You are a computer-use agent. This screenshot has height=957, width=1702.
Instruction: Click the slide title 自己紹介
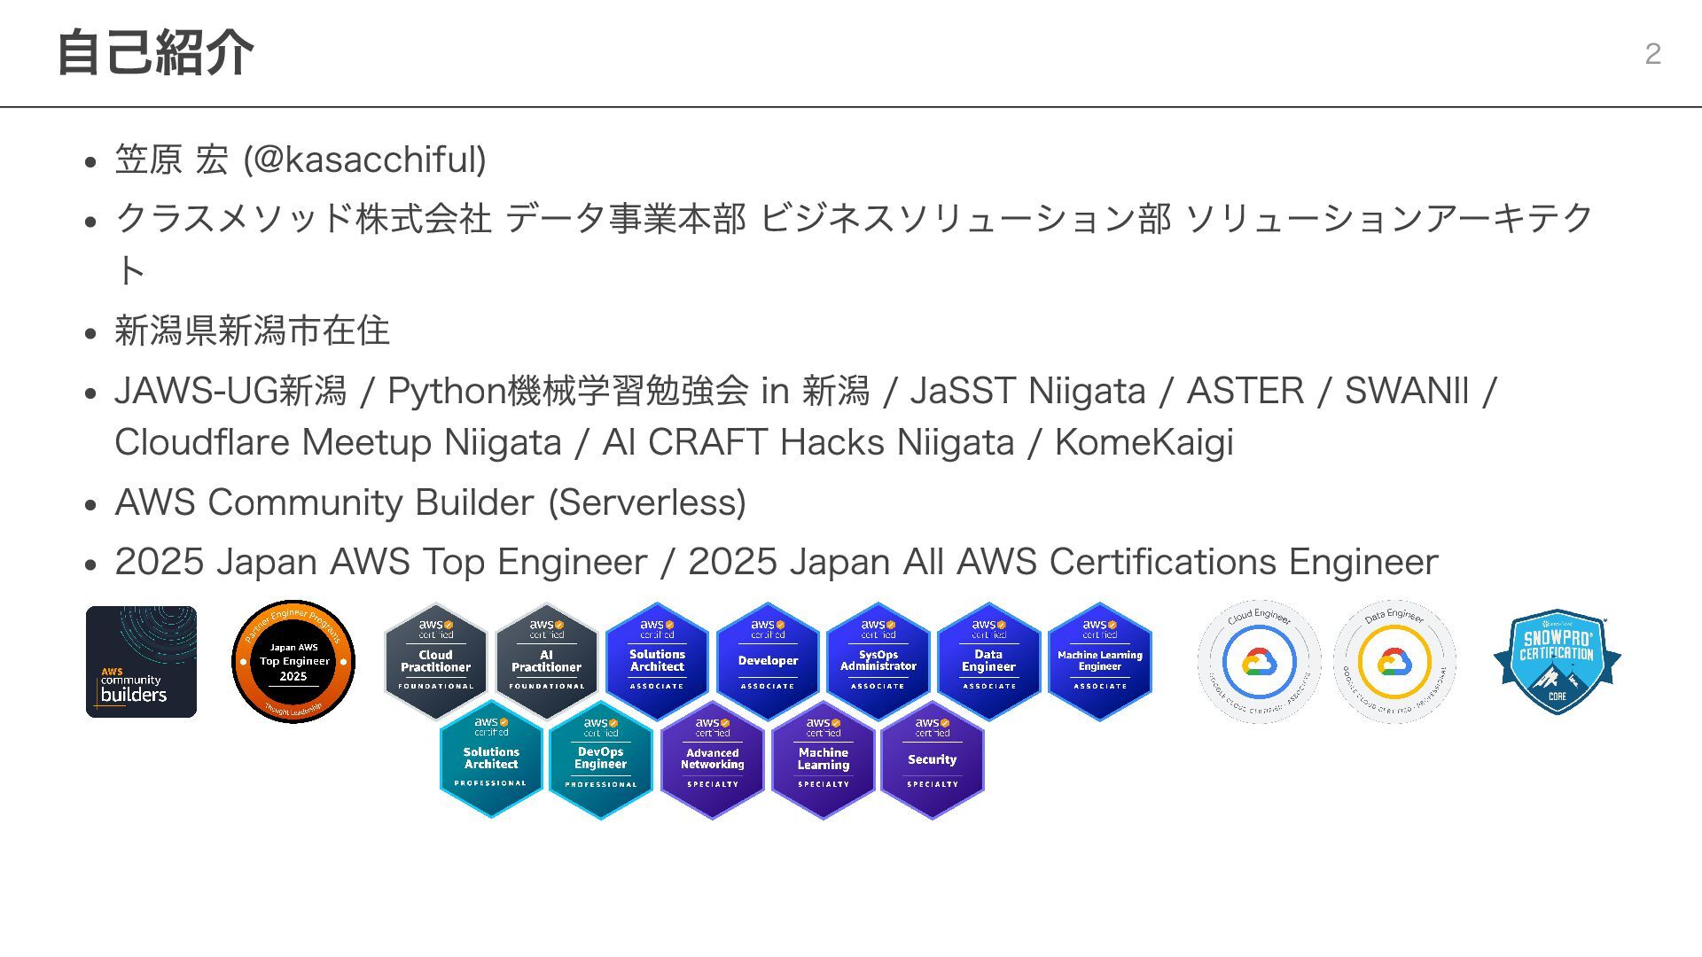(x=155, y=53)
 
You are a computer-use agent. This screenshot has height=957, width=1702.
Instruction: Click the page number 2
(x=1652, y=54)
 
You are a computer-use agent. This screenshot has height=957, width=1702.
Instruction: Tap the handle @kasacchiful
(x=364, y=160)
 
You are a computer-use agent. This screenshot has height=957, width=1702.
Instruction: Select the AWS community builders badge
(x=141, y=662)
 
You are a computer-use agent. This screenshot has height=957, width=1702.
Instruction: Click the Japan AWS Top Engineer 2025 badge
(x=293, y=662)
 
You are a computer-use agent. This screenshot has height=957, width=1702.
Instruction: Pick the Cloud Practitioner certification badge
(x=435, y=660)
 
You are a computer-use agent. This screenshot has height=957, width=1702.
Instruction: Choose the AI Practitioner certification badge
(x=546, y=660)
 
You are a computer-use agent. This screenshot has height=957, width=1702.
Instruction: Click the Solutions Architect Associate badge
(x=657, y=660)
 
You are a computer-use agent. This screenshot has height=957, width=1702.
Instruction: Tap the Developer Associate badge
(x=768, y=660)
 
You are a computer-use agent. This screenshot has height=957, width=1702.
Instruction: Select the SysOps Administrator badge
(x=878, y=660)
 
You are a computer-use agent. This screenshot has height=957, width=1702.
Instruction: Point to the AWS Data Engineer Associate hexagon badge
(x=988, y=660)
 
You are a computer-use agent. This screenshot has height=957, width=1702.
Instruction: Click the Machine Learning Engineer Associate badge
(x=1099, y=660)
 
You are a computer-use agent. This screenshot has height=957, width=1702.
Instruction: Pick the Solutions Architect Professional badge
(x=491, y=759)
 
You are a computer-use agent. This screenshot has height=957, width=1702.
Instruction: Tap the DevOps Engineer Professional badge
(x=601, y=759)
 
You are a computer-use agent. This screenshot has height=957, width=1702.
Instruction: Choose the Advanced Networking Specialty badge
(x=712, y=759)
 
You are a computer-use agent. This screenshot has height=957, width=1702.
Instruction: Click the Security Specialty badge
(x=933, y=759)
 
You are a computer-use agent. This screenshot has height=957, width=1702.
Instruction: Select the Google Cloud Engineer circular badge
(x=1259, y=662)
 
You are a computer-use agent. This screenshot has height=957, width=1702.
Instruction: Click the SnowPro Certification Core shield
(x=1558, y=662)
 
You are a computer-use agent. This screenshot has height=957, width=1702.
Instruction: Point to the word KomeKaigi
(x=1144, y=442)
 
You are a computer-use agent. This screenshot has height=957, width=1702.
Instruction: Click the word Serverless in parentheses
(x=647, y=502)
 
